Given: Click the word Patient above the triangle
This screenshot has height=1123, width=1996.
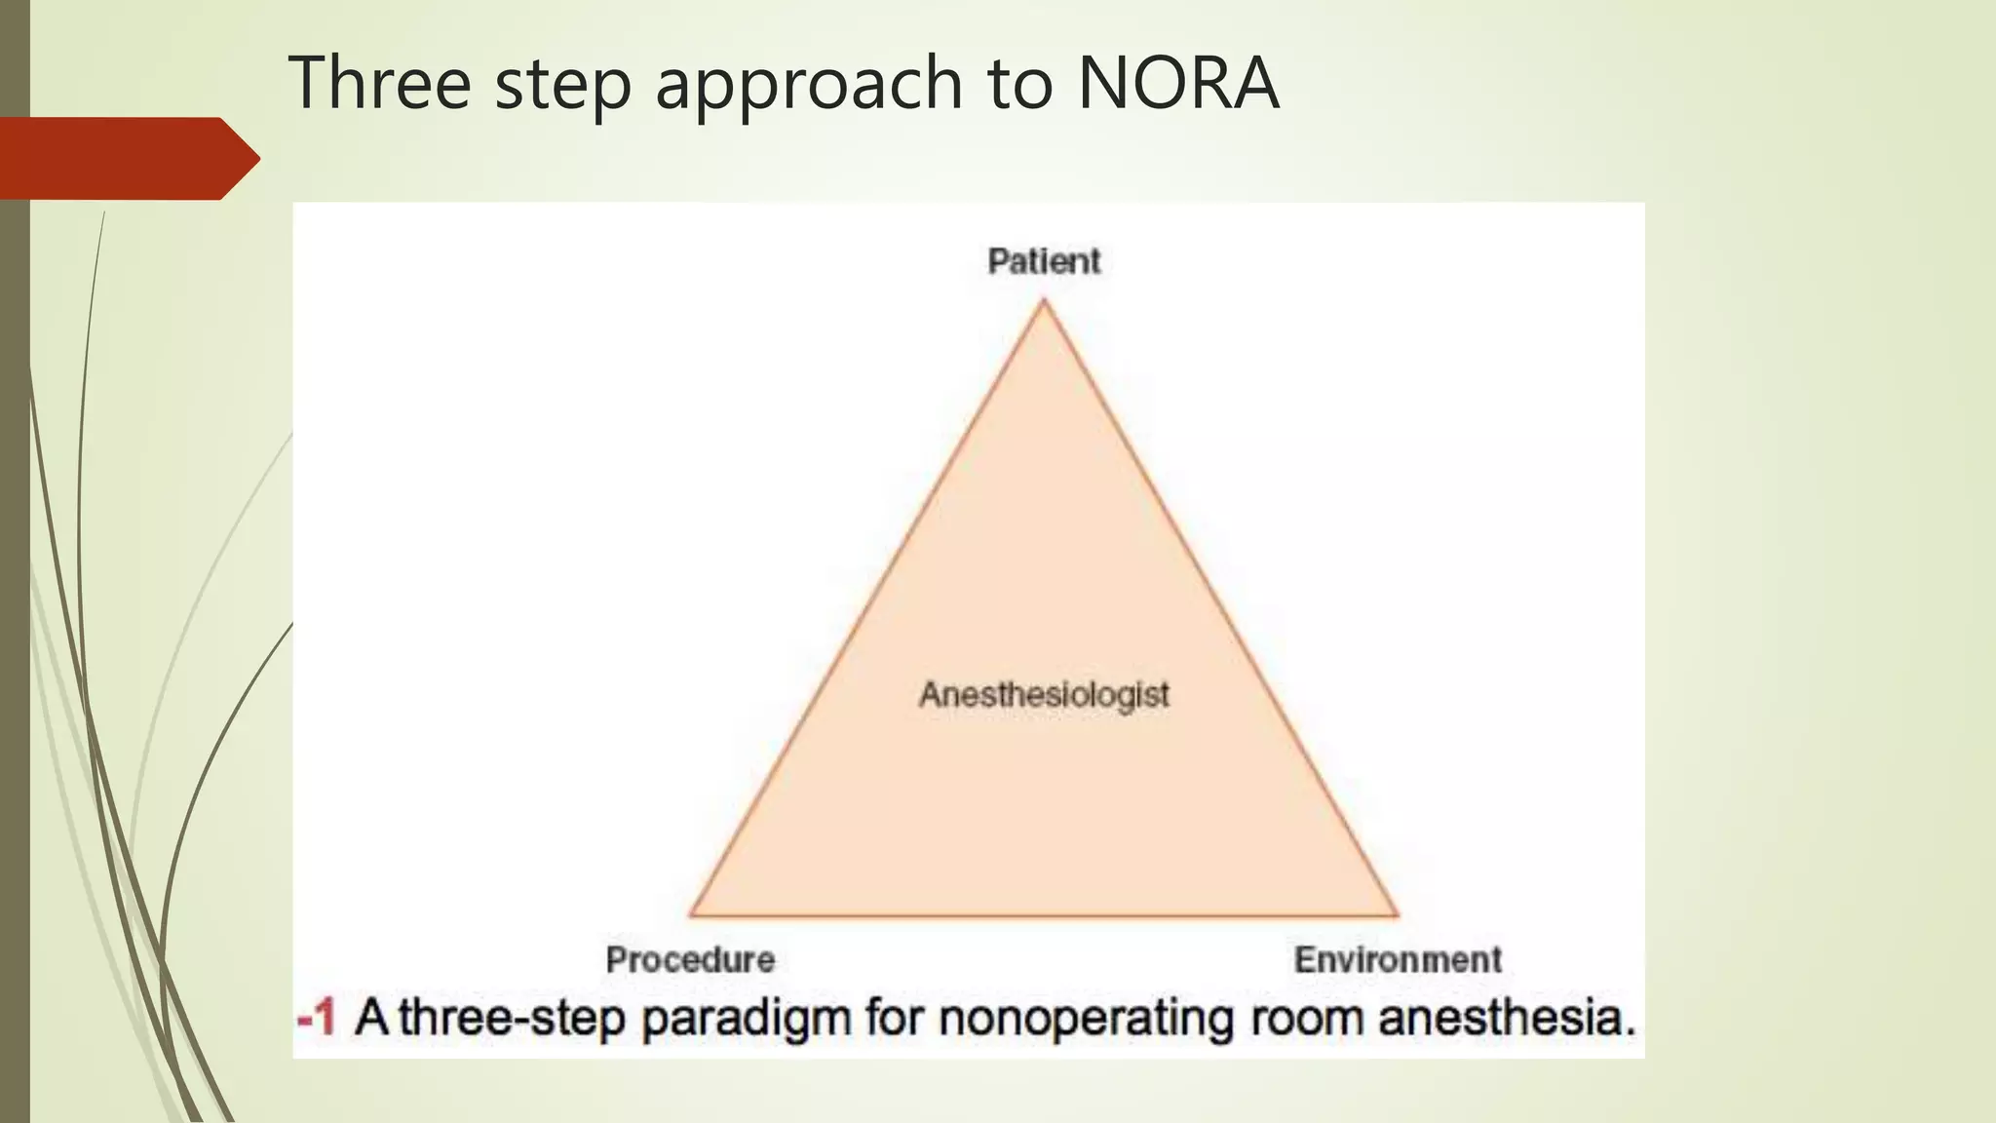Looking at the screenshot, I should [1044, 261].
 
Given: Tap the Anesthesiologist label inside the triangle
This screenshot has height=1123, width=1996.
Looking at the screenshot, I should [1044, 695].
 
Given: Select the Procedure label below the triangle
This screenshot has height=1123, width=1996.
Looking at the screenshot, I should [690, 960].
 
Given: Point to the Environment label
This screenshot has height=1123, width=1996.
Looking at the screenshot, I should [1398, 960].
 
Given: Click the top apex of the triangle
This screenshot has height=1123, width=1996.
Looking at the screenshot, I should [1044, 301].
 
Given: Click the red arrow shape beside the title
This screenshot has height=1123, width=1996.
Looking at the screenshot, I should [127, 158].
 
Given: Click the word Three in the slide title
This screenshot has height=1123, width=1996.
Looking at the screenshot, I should [380, 83].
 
